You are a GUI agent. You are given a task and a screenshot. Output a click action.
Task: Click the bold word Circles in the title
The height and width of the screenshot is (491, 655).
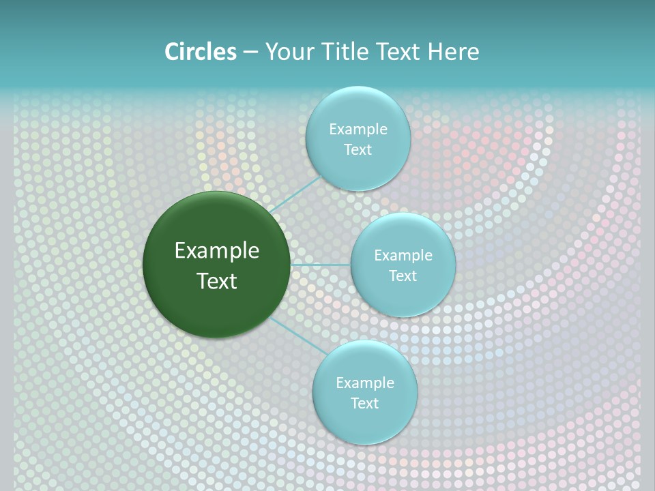[201, 52]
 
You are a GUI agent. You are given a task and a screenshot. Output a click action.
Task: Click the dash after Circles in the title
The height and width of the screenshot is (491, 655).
[250, 53]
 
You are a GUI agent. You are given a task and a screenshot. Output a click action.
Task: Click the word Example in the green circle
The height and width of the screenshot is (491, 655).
[217, 251]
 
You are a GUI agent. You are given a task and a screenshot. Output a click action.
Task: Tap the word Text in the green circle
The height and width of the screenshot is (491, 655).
[217, 281]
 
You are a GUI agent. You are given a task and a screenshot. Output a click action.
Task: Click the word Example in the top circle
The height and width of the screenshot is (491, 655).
[358, 130]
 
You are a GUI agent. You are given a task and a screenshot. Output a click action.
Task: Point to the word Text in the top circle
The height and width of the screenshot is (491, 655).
[358, 150]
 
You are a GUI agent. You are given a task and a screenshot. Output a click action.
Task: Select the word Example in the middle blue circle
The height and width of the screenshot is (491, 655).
[403, 256]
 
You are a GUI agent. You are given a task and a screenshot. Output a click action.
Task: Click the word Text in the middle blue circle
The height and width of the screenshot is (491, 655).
[403, 276]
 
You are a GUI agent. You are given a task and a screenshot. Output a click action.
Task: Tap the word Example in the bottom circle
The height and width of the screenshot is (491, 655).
[364, 383]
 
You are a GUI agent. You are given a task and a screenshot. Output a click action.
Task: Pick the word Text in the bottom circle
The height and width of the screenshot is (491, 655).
[364, 404]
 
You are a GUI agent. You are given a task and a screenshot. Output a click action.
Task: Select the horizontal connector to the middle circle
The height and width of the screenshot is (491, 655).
[320, 265]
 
